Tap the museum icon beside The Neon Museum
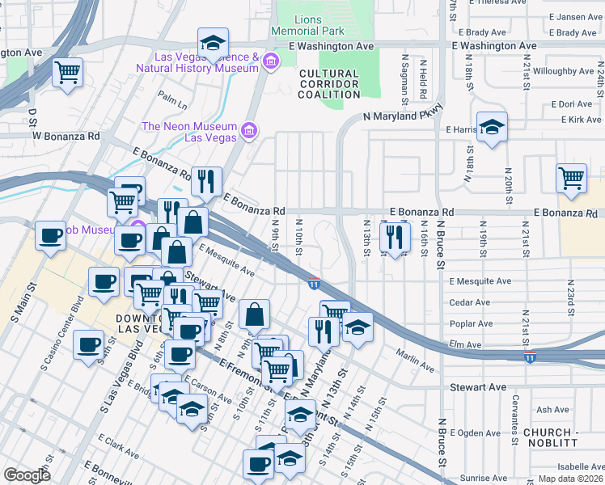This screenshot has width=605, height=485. point(249,130)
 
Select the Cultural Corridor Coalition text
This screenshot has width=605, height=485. point(329,83)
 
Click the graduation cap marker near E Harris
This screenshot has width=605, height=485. point(491,128)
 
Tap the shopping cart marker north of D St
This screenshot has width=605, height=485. point(67,72)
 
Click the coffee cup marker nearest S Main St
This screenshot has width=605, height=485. point(50,236)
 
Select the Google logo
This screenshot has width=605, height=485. point(27,474)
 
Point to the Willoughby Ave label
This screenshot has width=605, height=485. point(571,82)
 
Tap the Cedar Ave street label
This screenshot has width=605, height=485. point(469,303)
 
